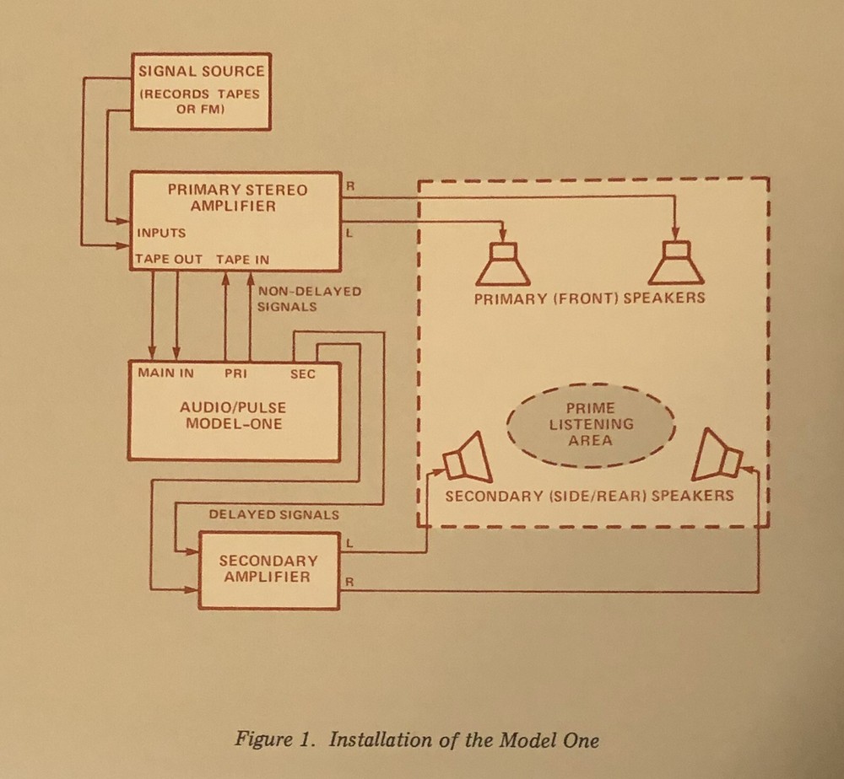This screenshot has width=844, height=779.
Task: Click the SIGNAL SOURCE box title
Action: point(201,71)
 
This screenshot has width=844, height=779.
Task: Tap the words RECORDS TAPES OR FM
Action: point(200,102)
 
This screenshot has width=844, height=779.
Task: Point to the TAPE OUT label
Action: point(169,259)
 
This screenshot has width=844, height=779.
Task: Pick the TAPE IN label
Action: point(243,259)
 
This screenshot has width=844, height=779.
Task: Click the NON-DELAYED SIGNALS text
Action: point(309,298)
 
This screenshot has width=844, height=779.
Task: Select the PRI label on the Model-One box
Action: point(235,372)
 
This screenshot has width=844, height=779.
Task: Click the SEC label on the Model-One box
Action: point(302,373)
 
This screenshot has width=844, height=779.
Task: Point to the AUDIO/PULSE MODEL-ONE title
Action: point(234,415)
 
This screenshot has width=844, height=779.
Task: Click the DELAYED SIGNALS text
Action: point(274,513)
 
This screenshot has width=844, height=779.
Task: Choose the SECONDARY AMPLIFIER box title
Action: point(268,568)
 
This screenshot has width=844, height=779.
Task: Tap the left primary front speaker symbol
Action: point(502,263)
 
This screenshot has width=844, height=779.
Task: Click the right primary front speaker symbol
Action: point(675,263)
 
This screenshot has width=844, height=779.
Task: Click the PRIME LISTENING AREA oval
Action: point(591,424)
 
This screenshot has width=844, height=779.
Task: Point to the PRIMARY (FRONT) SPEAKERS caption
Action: point(590,298)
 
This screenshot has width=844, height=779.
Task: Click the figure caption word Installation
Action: point(382,741)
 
